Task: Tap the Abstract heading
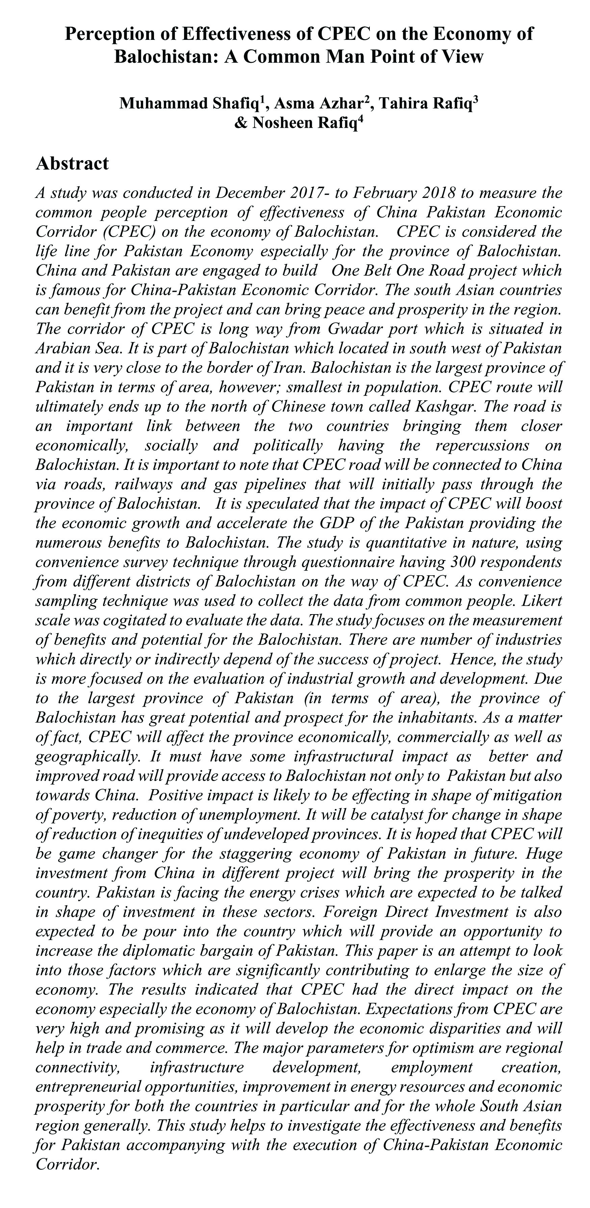tap(72, 163)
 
